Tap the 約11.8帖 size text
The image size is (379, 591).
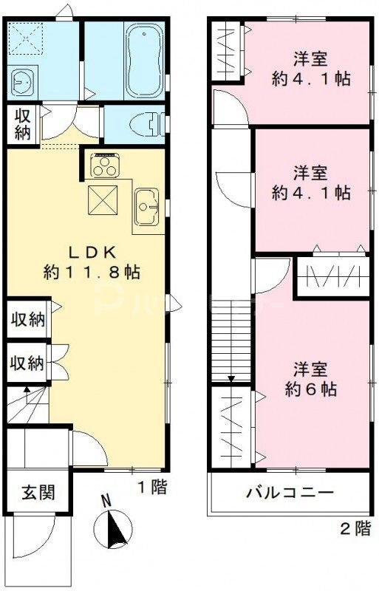click(x=91, y=272)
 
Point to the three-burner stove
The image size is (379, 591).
click(x=106, y=165)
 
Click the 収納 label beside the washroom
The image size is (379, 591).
click(x=20, y=125)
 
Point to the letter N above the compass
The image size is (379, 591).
click(x=106, y=500)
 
